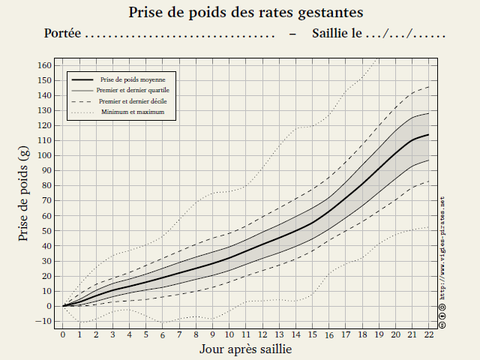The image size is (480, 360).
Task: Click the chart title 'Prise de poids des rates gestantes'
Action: [x=246, y=13]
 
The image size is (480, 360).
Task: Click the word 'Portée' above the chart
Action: [x=62, y=34]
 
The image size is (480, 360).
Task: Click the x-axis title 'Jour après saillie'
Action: [x=246, y=349]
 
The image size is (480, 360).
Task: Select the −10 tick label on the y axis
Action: [x=44, y=321]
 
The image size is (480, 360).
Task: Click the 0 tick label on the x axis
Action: [x=63, y=334]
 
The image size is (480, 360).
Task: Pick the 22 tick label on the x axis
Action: [x=428, y=334]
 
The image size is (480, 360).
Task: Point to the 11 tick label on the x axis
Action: [x=245, y=334]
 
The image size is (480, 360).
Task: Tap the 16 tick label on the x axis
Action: [x=328, y=334]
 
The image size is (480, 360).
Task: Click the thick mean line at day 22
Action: [x=428, y=135]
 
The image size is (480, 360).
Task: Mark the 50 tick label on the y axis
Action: [x=46, y=230]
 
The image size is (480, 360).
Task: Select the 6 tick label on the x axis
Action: [x=163, y=334]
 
